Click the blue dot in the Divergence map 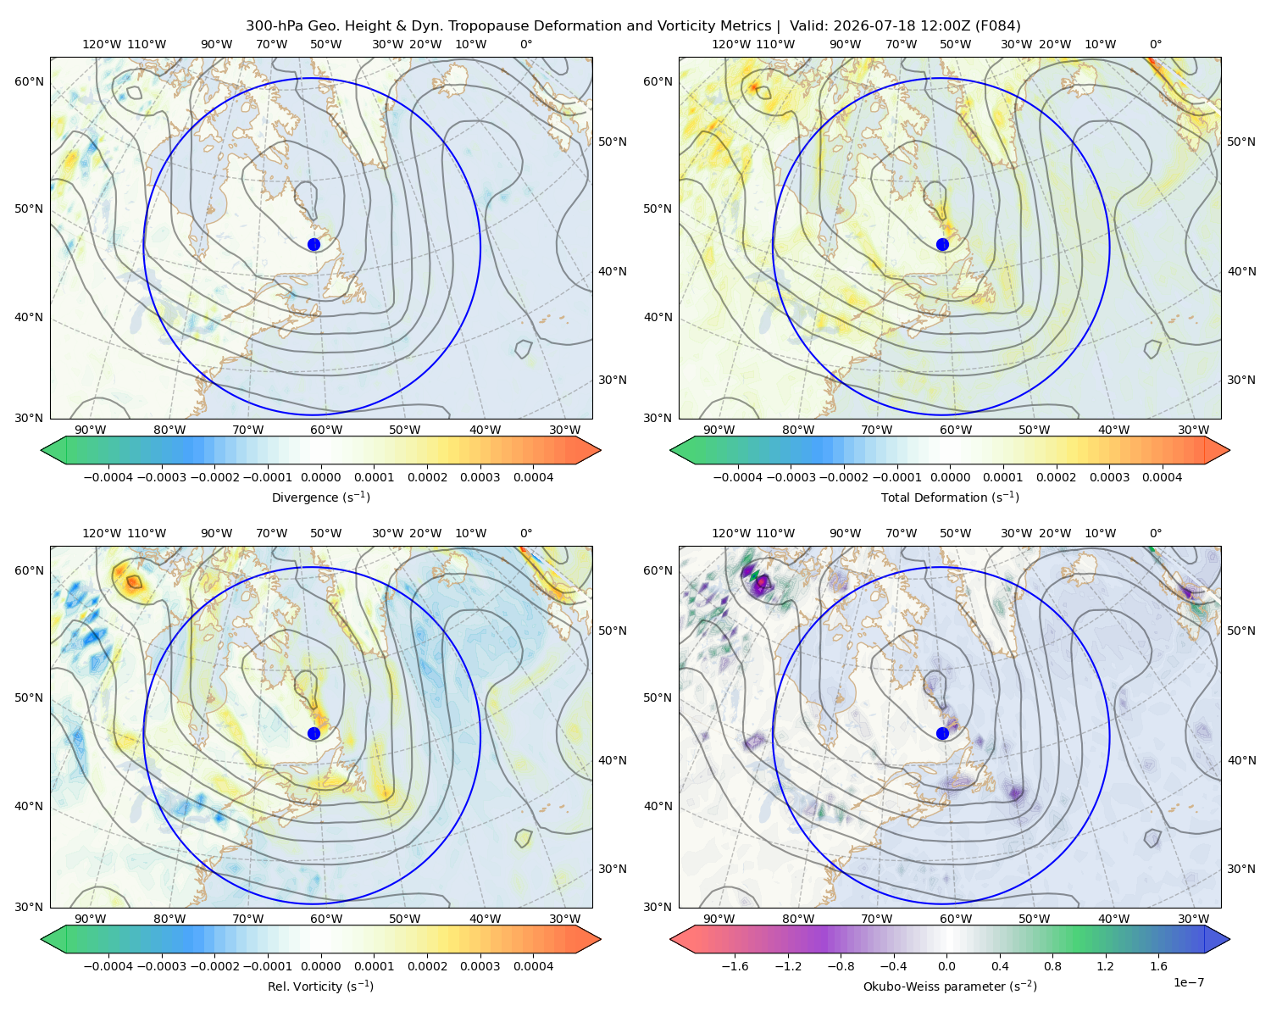coord(314,245)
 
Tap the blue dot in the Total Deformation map coord(942,245)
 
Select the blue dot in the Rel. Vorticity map coord(314,733)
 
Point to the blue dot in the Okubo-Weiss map coord(942,733)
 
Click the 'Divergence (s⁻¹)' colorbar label coord(320,497)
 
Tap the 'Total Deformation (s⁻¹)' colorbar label coord(950,497)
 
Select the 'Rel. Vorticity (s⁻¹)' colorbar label coord(320,986)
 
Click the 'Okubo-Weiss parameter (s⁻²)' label coord(950,986)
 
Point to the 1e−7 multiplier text coord(1188,982)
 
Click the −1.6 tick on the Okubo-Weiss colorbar coord(735,965)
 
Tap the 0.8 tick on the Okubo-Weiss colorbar coord(1052,965)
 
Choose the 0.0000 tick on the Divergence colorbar coord(320,477)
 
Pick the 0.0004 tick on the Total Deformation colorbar coord(1163,477)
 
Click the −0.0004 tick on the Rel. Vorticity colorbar coord(108,965)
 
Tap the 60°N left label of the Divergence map coord(29,81)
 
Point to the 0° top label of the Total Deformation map coord(1155,44)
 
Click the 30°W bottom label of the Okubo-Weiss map coord(1194,919)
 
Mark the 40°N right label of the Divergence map coord(613,271)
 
